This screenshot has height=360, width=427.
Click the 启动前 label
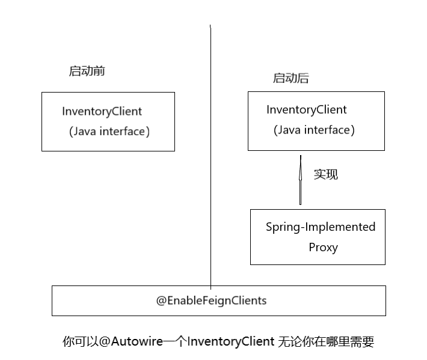pos(87,71)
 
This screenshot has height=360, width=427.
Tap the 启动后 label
pos(291,78)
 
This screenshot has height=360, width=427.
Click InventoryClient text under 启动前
pos(102,111)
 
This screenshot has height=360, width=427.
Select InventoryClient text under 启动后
pos(307,110)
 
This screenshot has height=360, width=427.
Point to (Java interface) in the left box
pos(109,132)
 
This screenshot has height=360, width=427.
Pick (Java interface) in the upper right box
pos(314,130)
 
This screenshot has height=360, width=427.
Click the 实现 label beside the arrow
pos(326,174)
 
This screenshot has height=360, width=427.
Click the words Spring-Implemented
pos(321,227)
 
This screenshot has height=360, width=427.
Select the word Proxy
pos(323,247)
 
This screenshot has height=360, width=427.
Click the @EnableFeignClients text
pos(211,300)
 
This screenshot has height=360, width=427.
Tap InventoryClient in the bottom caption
pos(231,342)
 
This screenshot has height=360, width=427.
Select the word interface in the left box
pos(123,132)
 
